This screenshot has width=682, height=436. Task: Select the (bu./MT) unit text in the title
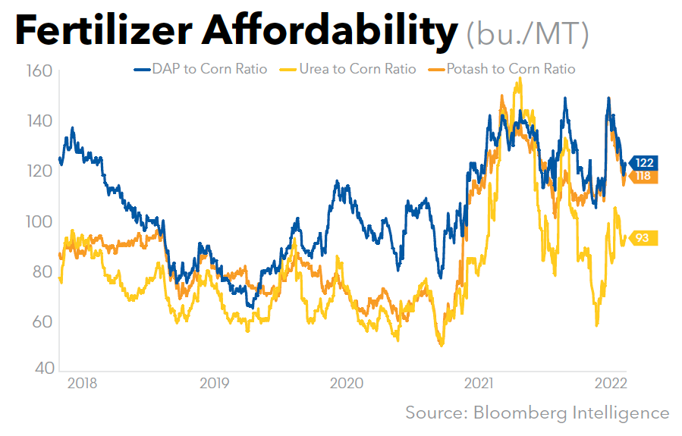[527, 33]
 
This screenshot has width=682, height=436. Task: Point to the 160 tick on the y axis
[37, 72]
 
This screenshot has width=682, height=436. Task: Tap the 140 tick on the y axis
[37, 121]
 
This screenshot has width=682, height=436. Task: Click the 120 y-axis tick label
[37, 171]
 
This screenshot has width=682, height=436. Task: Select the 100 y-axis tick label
[37, 221]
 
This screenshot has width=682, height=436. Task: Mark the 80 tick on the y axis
[40, 271]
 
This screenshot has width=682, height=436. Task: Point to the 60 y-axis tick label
[40, 322]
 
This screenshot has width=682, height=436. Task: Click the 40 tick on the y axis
[40, 369]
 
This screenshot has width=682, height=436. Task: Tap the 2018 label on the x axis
[82, 384]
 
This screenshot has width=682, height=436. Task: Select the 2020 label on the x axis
[347, 384]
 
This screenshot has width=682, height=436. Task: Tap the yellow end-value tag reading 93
[642, 238]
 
